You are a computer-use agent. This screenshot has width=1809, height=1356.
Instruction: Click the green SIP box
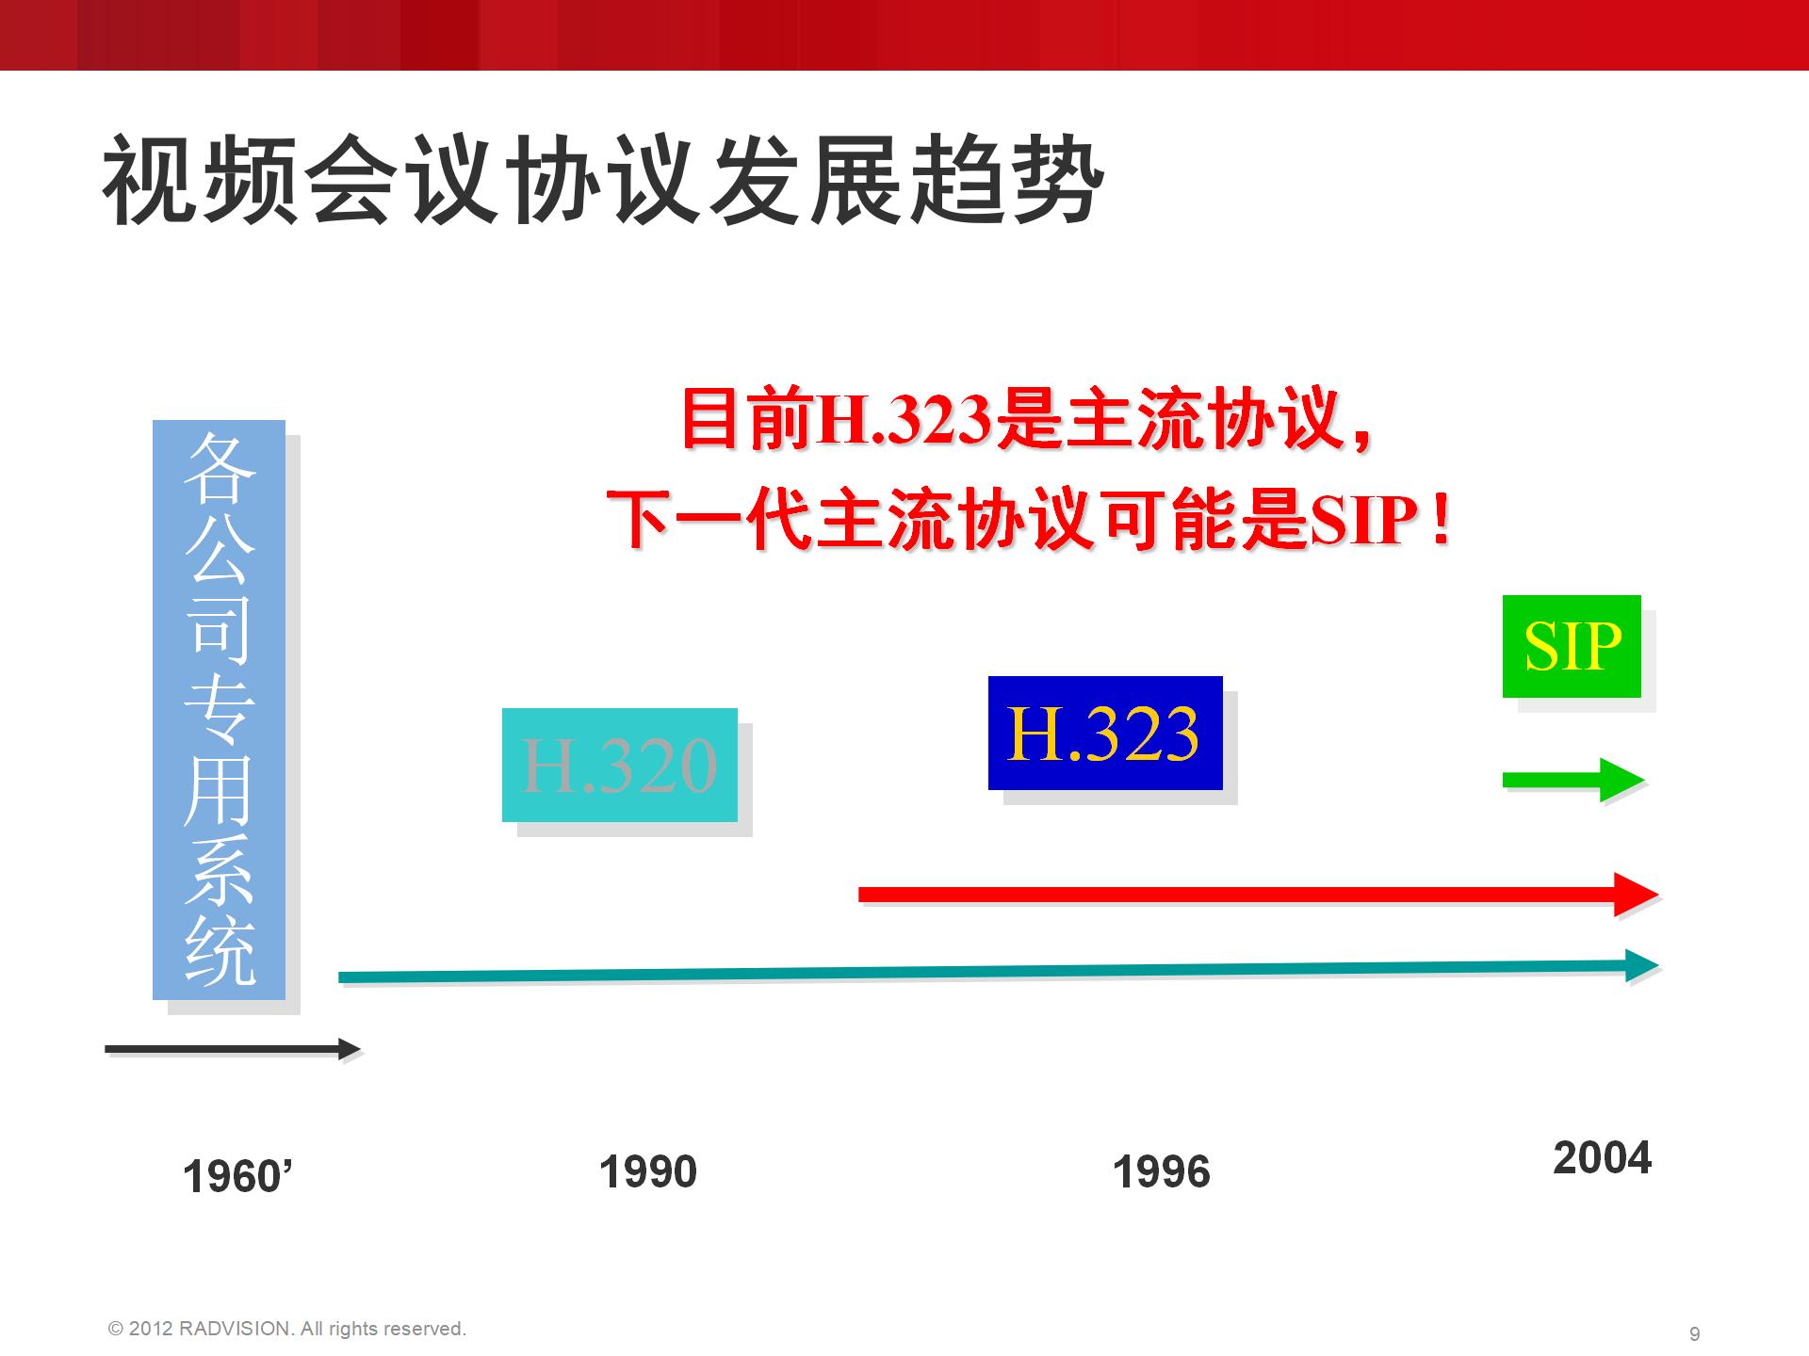point(1572,646)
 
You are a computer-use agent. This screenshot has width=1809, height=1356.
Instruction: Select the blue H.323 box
point(1105,733)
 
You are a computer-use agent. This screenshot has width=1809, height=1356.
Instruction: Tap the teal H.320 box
point(620,765)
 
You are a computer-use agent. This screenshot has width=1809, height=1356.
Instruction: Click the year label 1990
point(648,1172)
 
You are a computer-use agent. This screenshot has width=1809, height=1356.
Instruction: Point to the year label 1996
point(1161,1172)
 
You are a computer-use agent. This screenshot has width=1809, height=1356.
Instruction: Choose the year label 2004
point(1602,1158)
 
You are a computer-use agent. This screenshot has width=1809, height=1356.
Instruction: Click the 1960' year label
point(237,1177)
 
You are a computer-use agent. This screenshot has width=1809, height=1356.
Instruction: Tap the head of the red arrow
point(1636,895)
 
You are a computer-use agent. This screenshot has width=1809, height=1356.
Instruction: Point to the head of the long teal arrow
point(1642,965)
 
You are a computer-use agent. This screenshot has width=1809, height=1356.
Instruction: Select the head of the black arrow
point(350,1049)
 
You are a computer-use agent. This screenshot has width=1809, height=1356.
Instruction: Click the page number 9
point(1695,1334)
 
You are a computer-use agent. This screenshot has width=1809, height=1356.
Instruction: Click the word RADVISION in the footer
point(235,1329)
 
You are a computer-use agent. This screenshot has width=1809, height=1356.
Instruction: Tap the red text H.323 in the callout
point(904,420)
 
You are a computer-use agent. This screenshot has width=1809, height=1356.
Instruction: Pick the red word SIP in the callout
point(1363,521)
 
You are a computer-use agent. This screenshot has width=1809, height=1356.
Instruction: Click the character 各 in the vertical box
point(219,468)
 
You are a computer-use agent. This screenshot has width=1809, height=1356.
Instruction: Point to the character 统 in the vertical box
point(219,952)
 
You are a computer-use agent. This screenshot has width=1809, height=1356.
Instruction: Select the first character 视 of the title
point(147,179)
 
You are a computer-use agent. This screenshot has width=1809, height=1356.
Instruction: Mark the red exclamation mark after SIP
point(1439,521)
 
